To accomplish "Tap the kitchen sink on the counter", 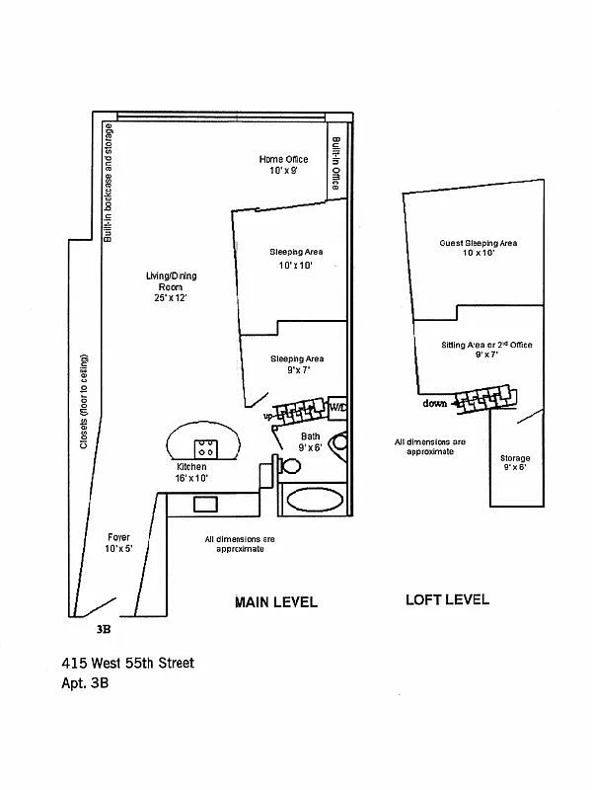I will (205, 505).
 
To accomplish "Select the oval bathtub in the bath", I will (315, 499).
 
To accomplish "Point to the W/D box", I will (336, 406).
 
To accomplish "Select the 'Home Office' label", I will (283, 159).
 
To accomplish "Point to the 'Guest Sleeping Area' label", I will (479, 243).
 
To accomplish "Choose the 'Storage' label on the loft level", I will (514, 458).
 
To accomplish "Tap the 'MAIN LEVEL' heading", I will (275, 601).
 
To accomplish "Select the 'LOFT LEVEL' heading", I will (447, 599).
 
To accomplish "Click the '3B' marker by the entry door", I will (104, 627).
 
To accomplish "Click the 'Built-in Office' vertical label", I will (335, 163).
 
